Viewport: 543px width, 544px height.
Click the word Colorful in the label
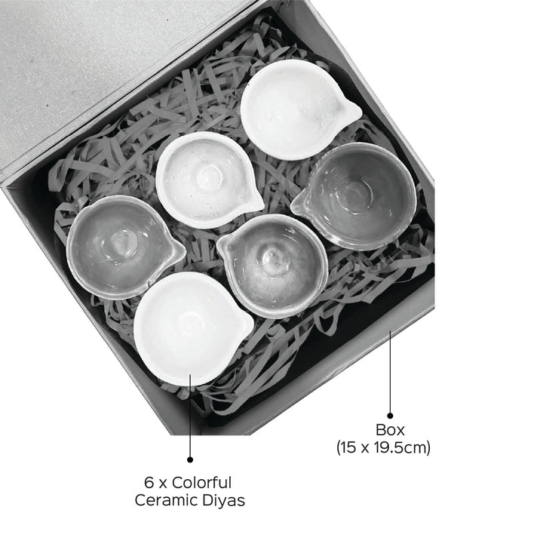click(x=201, y=483)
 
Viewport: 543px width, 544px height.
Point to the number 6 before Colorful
click(x=149, y=483)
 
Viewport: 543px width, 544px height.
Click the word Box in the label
click(x=390, y=430)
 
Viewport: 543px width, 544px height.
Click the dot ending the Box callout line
click(x=390, y=416)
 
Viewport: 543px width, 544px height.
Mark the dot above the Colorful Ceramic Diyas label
click(x=190, y=459)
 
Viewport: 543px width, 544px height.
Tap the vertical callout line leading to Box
click(x=390, y=372)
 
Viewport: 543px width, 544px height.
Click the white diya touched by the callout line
click(x=192, y=328)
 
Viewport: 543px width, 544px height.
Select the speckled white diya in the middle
click(x=208, y=180)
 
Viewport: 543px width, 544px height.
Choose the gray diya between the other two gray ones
click(x=273, y=266)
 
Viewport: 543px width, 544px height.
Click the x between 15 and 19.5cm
click(x=365, y=449)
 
